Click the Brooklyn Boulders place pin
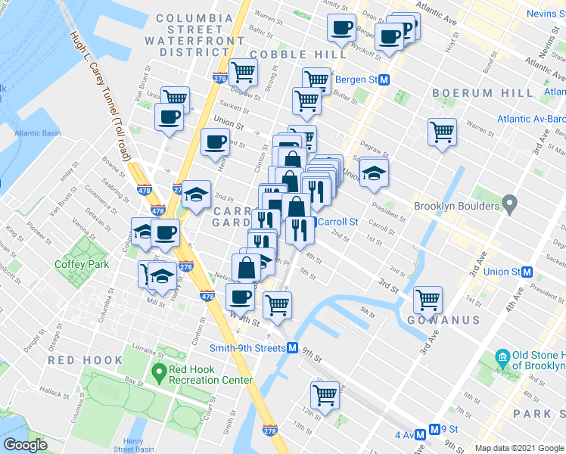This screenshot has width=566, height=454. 510,205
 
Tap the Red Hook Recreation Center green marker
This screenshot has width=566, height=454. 159,372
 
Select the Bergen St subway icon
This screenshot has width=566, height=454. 384,79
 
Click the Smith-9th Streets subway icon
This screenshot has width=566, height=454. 291,348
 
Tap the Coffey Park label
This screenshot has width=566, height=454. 82,264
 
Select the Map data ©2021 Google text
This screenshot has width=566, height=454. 519,448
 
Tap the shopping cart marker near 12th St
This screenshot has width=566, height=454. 325,393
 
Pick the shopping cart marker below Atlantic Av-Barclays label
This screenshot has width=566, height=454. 442,132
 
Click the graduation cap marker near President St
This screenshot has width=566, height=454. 374,173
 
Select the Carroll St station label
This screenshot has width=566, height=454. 337,222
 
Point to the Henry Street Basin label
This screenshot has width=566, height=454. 133,446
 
